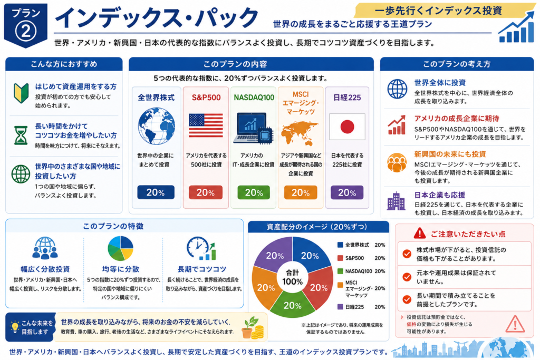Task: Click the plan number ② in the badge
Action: [x=25, y=31]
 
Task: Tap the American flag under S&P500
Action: [x=206, y=125]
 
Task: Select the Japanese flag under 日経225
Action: [x=347, y=127]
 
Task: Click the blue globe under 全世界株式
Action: [x=156, y=126]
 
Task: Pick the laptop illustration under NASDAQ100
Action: [x=253, y=128]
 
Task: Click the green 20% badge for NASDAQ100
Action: [x=254, y=192]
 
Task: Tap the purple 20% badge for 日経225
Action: [x=347, y=192]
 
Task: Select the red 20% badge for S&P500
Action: [x=206, y=192]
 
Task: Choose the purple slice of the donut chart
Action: [x=273, y=254]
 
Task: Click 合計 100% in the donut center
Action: [x=292, y=277]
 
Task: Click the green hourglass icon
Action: [x=21, y=135]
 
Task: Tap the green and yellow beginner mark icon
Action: [x=21, y=93]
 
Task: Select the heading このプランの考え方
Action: [x=456, y=64]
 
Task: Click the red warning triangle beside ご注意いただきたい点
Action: [x=419, y=233]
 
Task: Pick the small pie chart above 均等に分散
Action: [x=120, y=248]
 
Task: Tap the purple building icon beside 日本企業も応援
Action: [x=396, y=201]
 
